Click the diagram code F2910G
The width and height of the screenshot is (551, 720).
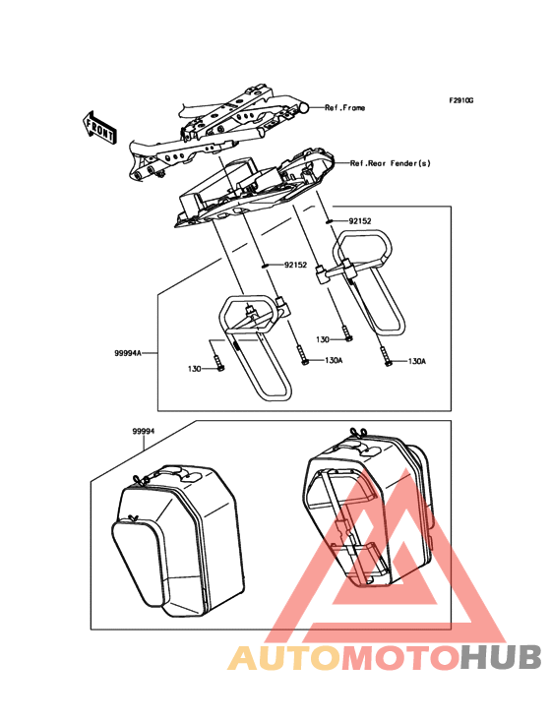coord(461,101)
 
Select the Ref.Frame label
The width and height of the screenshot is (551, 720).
coord(344,107)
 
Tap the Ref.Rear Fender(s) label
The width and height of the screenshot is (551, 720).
coord(391,163)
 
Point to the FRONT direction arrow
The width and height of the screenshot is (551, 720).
coord(100,125)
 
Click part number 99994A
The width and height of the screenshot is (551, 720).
coord(127,350)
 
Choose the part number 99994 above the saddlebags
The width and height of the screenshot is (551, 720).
coord(146,431)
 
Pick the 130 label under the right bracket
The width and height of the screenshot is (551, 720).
coord(324,339)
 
